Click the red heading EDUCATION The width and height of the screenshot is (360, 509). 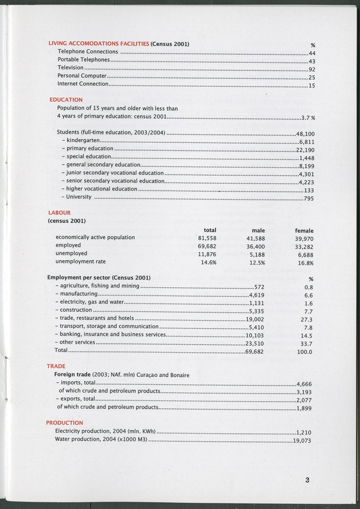point(66,100)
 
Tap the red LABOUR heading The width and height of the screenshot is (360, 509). point(59,212)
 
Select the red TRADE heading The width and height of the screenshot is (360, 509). point(56,366)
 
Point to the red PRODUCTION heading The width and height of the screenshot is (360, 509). point(65,423)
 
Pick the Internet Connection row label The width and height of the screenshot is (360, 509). point(82,84)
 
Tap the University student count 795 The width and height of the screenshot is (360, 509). point(309,198)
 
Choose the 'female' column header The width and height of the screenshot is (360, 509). point(304,230)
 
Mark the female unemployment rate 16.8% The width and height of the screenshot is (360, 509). point(305,263)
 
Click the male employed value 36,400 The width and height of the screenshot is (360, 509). point(254,246)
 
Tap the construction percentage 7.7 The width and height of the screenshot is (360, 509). point(308,311)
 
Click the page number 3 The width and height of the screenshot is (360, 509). point(307,480)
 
